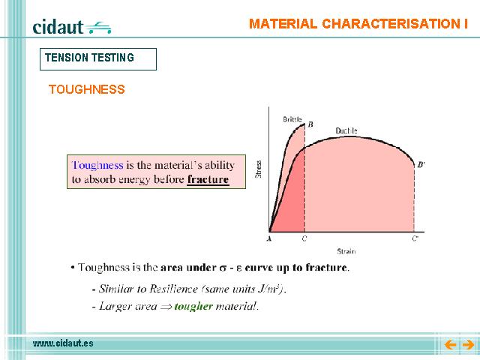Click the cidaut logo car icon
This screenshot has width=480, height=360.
point(98,28)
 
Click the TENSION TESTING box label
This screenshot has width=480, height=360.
point(89,58)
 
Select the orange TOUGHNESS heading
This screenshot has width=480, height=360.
point(87,89)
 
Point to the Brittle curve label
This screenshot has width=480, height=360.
point(292,119)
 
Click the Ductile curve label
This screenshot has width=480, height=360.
point(346,130)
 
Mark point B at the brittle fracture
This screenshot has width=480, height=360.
point(310,124)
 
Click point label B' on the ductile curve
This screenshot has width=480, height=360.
point(421,165)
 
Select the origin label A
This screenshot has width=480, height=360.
point(269,238)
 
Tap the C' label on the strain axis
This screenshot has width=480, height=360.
point(415,238)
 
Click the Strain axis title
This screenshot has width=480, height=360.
point(346,251)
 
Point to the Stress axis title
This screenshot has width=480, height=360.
point(258,169)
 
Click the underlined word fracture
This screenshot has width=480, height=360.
point(208,179)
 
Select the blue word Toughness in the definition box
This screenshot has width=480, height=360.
point(97,165)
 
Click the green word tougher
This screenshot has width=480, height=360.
point(193,306)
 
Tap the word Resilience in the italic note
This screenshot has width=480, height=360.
point(173,289)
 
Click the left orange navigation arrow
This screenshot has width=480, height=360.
point(450,345)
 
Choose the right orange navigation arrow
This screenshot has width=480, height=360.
point(468,345)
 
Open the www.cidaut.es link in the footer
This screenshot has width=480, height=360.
point(63,343)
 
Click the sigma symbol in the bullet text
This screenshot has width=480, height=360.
point(223,268)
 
